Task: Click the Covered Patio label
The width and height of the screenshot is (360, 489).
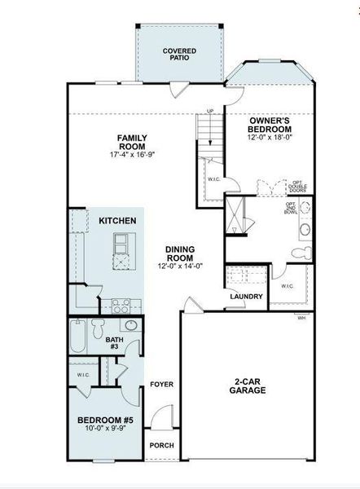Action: tap(179, 55)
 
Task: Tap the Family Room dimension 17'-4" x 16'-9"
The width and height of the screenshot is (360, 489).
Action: tap(131, 155)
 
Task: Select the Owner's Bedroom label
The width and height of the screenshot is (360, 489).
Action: tap(270, 125)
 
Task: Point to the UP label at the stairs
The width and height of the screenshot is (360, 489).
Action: tap(210, 111)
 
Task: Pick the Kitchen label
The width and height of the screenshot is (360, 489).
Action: tap(116, 221)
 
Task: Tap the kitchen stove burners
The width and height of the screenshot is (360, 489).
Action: tap(121, 307)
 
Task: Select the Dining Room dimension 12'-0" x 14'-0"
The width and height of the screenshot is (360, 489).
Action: tap(179, 267)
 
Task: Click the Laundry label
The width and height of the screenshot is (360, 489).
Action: tap(245, 297)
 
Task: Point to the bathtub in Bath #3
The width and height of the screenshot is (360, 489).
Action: tap(77, 336)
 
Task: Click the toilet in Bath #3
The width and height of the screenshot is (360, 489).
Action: tap(98, 328)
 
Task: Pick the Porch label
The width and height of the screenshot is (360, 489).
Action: tap(161, 446)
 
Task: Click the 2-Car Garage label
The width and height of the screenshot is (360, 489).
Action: tap(248, 385)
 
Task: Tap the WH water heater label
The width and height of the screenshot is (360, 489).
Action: tap(301, 317)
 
